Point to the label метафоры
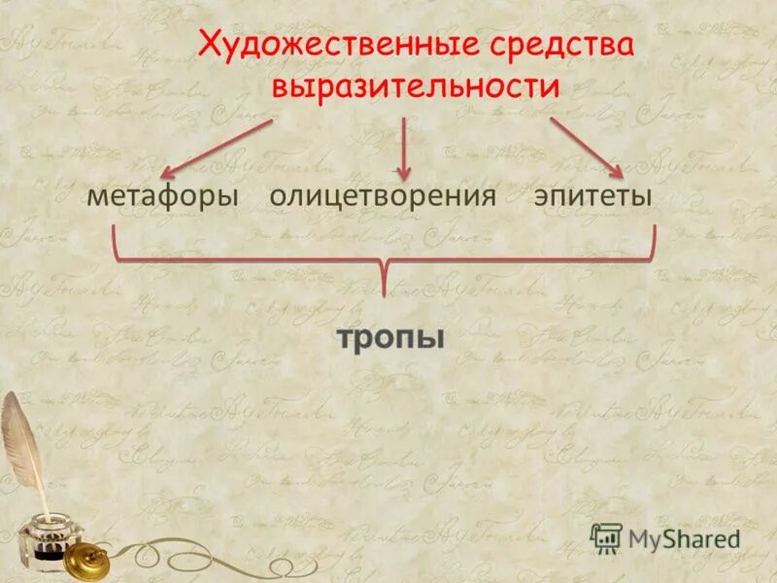[162, 195]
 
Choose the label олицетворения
[383, 195]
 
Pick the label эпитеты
[591, 195]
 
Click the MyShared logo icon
[607, 537]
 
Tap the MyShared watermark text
[684, 538]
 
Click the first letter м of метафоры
[94, 196]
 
